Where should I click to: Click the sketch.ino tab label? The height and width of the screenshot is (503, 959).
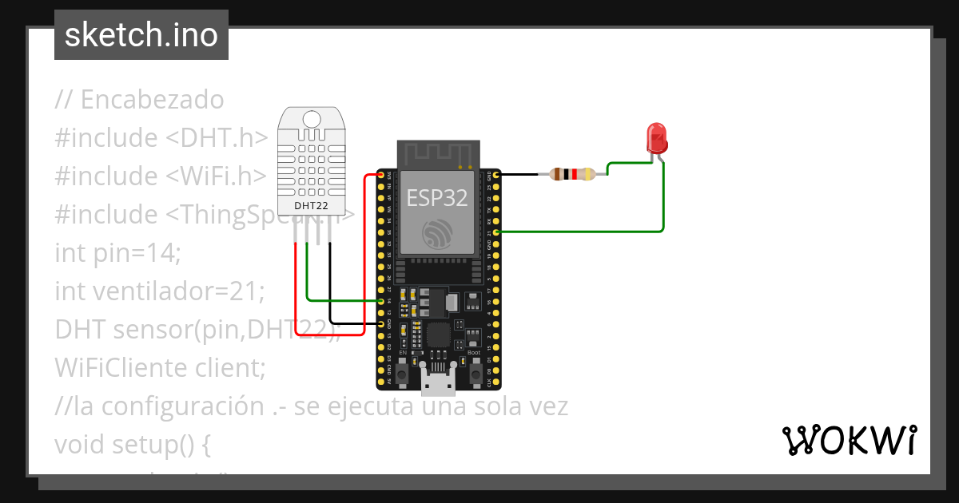coord(141,35)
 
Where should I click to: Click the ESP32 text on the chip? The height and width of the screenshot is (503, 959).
coord(437,197)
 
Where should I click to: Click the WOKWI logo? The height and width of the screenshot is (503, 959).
coord(849,440)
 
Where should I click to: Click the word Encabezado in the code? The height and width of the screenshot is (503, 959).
coord(152,100)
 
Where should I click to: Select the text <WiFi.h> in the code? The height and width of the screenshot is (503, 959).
coord(216,176)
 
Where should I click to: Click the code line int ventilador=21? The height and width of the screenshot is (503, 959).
coord(159,291)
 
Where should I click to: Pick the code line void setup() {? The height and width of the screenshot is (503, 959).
coord(133,444)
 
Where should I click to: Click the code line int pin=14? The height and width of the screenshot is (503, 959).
coord(118,253)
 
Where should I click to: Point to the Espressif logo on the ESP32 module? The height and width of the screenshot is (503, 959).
coord(437,232)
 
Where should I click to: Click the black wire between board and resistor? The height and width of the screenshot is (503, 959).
coord(523,173)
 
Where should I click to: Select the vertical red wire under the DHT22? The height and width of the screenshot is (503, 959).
coord(296,287)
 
